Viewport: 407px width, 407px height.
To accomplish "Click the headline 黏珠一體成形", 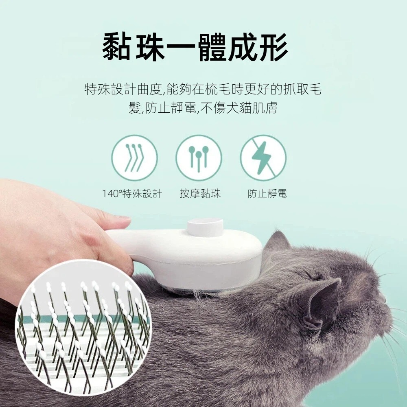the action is (195, 48).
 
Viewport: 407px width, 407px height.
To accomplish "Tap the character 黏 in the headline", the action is (117, 48).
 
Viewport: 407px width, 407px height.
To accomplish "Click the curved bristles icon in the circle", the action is (134, 158).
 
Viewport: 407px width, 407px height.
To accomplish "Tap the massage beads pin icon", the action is (199, 158).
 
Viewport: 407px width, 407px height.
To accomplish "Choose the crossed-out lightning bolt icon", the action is (263, 158).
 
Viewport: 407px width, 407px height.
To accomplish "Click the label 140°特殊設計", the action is (132, 194).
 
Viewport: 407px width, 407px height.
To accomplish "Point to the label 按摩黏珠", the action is (200, 194).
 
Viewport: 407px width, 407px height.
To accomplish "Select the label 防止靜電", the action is (267, 194).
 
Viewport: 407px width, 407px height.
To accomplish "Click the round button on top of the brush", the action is (205, 225).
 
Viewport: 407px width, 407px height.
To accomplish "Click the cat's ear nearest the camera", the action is (321, 304).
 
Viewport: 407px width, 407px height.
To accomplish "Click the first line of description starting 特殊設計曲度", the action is (203, 90).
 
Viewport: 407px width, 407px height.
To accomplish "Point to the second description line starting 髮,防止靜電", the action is (203, 108).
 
